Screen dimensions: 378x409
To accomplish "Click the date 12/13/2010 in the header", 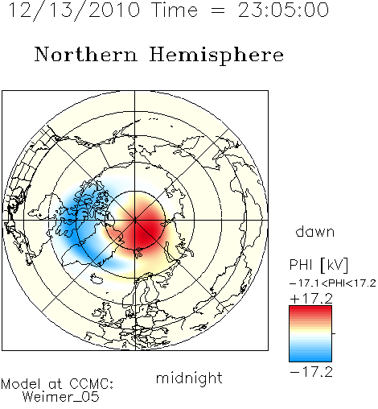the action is [x=74, y=10].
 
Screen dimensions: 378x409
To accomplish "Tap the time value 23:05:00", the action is [x=283, y=10].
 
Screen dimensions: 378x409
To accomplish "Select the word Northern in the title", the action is [x=86, y=55].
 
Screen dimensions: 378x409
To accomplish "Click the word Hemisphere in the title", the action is [x=216, y=56].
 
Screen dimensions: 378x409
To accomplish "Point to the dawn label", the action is [x=315, y=232].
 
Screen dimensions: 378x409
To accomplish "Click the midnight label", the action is [x=189, y=379].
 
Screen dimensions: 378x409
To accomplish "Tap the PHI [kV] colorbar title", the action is [x=318, y=265].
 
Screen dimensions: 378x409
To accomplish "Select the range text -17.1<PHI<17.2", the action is [x=333, y=283].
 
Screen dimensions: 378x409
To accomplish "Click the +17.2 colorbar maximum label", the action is [x=311, y=299].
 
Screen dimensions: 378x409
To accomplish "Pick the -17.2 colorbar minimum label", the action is [x=311, y=372].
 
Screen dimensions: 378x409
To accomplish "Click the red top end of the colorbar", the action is [x=310, y=308].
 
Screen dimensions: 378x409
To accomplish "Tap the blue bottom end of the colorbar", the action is [x=310, y=359].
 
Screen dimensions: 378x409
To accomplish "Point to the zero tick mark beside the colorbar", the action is [x=334, y=333].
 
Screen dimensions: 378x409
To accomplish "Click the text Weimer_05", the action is [x=61, y=397].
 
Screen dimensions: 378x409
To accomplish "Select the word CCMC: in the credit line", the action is [x=91, y=384].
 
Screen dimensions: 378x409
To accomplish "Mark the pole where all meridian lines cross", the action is [x=134, y=221].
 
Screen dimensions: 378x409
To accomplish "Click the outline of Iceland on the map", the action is [x=97, y=279].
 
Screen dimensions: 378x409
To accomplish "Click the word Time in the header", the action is [x=175, y=10].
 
